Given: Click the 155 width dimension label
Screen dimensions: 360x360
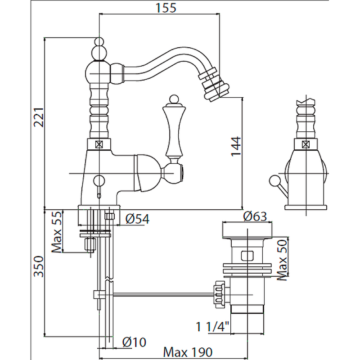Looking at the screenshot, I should click(x=159, y=7).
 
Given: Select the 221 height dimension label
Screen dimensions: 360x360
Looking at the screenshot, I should click(x=39, y=118).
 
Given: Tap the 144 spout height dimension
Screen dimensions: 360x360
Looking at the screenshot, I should click(x=238, y=147).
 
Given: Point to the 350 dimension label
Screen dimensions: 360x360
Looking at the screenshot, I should click(x=39, y=268).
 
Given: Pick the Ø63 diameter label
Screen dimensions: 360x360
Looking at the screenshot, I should click(x=255, y=216).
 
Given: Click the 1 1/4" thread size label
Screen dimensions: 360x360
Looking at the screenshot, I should click(x=212, y=326).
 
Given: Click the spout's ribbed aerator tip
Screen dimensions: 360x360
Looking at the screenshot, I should click(x=213, y=83).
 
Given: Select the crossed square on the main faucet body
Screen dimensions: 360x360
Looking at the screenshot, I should click(x=99, y=145).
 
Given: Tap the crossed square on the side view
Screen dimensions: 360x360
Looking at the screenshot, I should click(x=306, y=144).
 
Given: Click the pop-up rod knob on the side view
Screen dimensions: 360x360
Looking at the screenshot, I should click(x=272, y=181).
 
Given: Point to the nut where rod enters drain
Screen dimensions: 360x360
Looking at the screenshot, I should click(x=220, y=294).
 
